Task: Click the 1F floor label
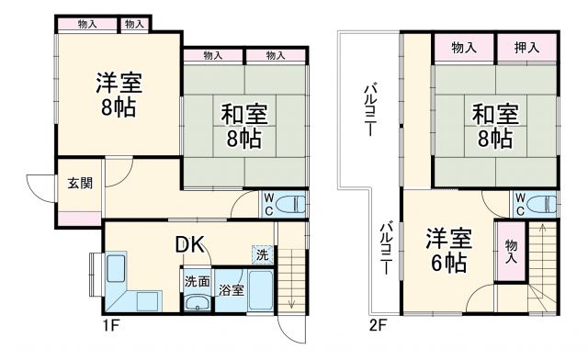click(111, 324)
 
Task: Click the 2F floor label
click(379, 324)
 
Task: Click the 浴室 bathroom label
click(231, 290)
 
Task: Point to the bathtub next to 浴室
click(260, 292)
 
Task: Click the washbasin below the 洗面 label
click(196, 304)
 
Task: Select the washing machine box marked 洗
click(262, 254)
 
